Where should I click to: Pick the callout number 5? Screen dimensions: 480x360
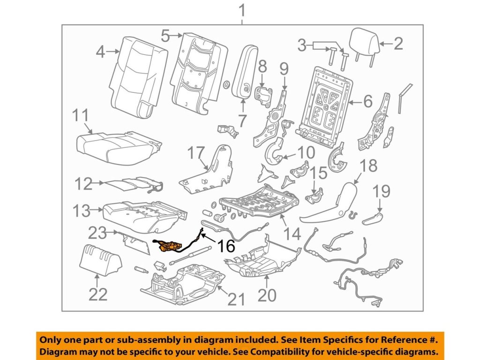pos(165,35)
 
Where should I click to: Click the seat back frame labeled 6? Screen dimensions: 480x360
pos(326,103)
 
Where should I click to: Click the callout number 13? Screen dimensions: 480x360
pos(82,210)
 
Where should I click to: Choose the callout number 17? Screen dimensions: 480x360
pos(196,152)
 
